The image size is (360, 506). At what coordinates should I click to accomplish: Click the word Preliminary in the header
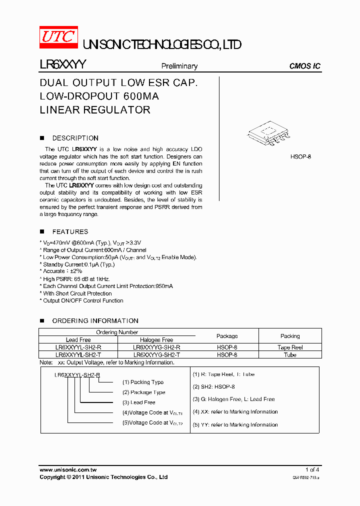(179, 66)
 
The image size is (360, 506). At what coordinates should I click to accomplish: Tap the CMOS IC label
(305, 66)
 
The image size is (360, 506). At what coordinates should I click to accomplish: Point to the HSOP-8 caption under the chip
(300, 156)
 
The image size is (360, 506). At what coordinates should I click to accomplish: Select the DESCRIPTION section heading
(75, 138)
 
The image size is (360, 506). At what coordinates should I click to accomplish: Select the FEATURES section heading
(70, 231)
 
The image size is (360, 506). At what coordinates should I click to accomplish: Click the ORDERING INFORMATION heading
(95, 320)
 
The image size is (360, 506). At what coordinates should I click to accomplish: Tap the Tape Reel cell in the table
(290, 347)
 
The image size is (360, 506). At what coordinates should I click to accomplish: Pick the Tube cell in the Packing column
(290, 354)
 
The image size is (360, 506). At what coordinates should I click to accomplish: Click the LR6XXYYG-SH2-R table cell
(156, 347)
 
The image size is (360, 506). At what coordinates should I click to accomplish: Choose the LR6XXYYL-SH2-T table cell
(78, 354)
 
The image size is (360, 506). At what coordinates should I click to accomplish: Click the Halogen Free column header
(156, 339)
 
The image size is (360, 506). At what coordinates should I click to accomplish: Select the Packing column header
(290, 336)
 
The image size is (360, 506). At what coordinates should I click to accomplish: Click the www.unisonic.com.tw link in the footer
(67, 469)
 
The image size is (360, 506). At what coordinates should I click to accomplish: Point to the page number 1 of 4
(312, 469)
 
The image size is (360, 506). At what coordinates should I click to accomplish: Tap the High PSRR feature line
(76, 279)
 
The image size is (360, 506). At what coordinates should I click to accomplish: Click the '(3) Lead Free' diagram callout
(139, 402)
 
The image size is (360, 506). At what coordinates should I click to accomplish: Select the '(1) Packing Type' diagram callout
(143, 382)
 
